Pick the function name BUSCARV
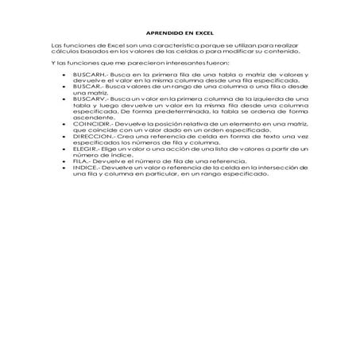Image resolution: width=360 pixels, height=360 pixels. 83,99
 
